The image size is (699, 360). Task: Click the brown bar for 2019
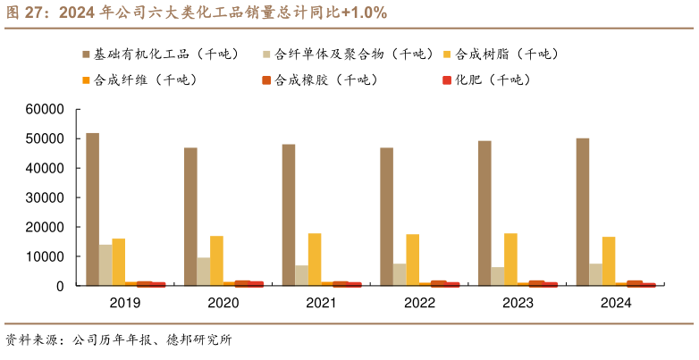click(92, 209)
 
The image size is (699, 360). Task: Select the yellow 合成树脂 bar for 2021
click(315, 259)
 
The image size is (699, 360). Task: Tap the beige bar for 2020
click(204, 272)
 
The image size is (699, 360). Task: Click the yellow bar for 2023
click(510, 259)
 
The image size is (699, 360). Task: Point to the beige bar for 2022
click(400, 274)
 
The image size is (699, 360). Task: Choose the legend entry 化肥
click(493, 80)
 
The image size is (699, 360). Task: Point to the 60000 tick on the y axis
click(45, 110)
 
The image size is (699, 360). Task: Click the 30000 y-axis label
click(45, 197)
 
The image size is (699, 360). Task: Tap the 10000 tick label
click(45, 256)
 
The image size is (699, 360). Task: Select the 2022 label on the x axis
click(419, 304)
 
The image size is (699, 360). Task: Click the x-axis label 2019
click(125, 304)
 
